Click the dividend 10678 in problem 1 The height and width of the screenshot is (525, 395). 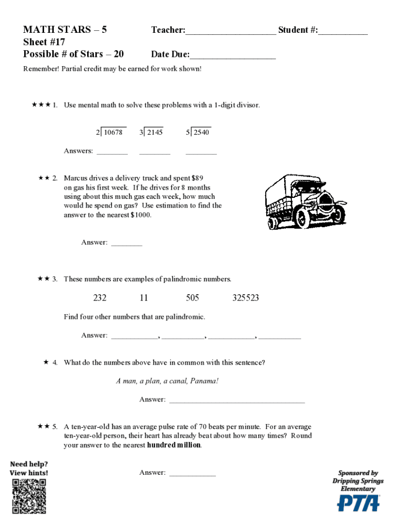coord(113,132)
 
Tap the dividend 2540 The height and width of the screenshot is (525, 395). coord(202,132)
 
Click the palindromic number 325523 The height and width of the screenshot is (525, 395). coord(246,298)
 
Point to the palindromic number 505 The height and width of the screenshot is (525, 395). coord(192,298)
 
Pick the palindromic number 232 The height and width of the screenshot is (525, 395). coord(100,298)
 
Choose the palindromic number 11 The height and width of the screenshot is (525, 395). coord(144,298)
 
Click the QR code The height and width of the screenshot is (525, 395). coord(29,496)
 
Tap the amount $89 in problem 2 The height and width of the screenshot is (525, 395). coord(197,178)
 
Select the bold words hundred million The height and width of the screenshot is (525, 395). coord(174,445)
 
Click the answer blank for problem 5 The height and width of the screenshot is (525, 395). coord(192,474)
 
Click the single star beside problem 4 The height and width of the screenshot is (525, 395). coord(46,362)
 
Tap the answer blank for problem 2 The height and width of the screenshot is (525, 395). coord(126,244)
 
